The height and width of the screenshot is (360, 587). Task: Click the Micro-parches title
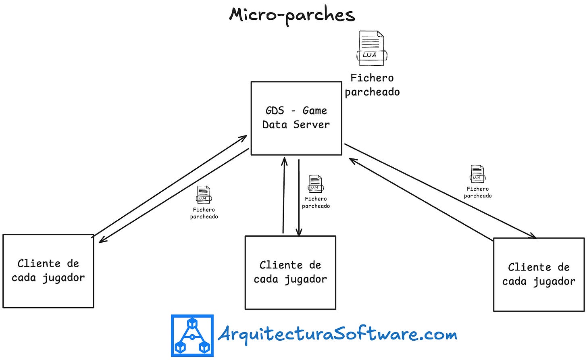pos(292,15)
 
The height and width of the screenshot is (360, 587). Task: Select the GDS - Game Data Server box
pos(296,118)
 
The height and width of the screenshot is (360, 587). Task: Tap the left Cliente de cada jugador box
pos(48,271)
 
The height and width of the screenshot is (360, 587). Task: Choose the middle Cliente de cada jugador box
pos(290,273)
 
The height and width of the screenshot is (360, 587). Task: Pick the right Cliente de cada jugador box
pos(539,275)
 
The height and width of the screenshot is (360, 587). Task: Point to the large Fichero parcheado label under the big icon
pos(372,85)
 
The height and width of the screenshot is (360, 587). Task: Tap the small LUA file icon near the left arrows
pos(203,195)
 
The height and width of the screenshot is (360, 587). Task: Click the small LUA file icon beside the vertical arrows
pos(315,184)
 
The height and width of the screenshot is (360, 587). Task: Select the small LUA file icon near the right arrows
pos(477,174)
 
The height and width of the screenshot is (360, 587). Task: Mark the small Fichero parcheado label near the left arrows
pos(204,213)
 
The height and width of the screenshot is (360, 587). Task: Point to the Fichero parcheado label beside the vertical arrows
pos(316,202)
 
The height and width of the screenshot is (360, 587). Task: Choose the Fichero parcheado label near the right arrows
pos(478,192)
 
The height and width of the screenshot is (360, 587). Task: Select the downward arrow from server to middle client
pos(299,198)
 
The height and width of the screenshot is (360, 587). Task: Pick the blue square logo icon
pos(192,335)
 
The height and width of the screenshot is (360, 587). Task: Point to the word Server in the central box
pos(311,125)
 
